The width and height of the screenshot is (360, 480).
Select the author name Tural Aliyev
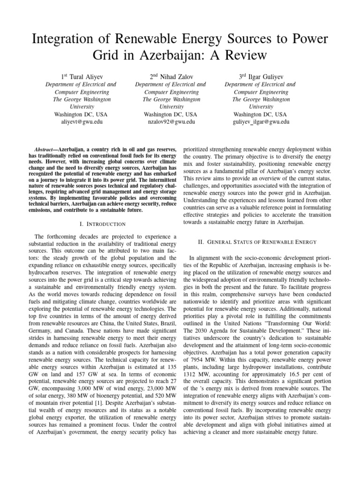point(81,75)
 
